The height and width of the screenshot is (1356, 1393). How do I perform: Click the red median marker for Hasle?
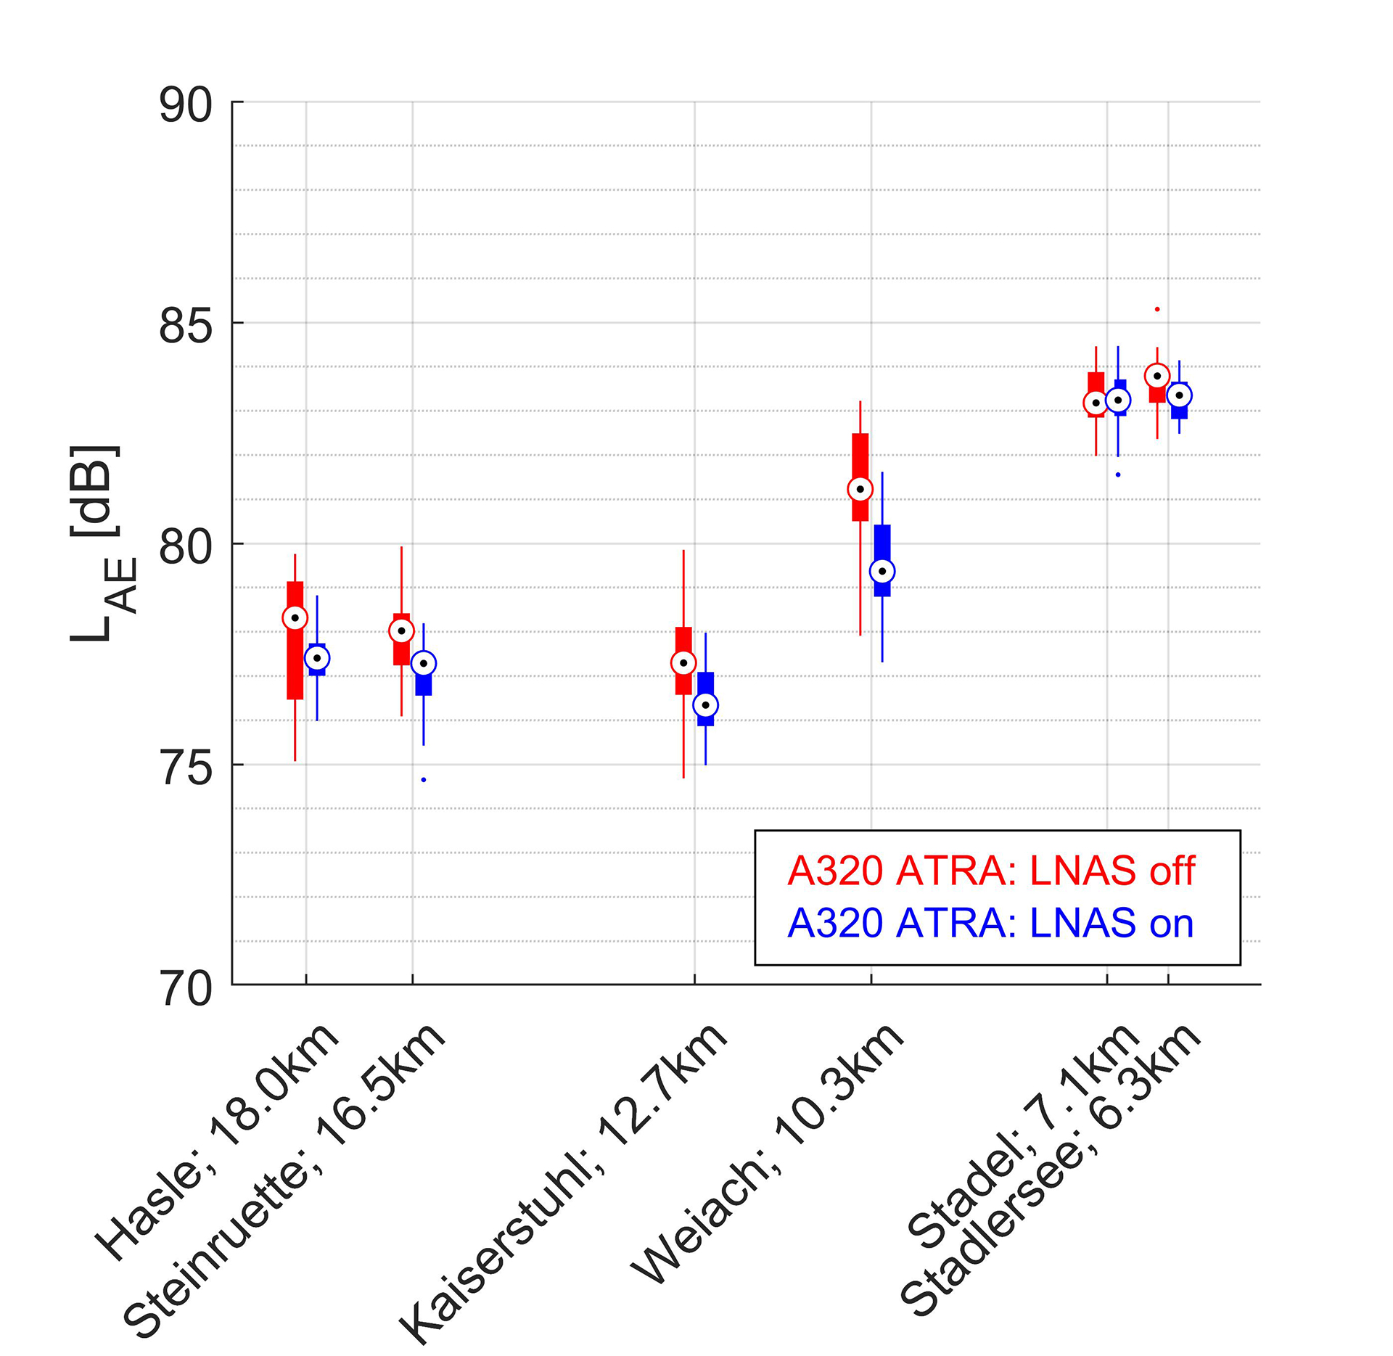pos(295,618)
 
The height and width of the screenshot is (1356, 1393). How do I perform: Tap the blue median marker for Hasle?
pos(317,658)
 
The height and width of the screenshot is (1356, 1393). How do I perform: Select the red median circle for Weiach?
pos(860,490)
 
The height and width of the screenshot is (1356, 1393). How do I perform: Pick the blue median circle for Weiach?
pos(882,572)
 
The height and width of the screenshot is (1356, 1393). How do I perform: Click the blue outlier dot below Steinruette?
pos(424,780)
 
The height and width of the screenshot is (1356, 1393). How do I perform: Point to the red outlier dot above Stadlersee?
pos(1157,309)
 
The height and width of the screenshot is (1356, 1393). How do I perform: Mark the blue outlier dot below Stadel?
pos(1118,474)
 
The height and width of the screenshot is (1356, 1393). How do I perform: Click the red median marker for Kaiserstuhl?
pos(683,663)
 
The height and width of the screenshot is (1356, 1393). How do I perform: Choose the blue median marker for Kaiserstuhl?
pos(705,705)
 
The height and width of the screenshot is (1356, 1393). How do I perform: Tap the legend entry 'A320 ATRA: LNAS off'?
pos(991,871)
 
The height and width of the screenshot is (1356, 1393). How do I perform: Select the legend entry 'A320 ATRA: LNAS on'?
pos(990,924)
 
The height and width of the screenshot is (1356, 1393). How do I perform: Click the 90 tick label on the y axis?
pos(186,106)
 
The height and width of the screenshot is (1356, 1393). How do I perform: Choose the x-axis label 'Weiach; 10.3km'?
pos(768,1154)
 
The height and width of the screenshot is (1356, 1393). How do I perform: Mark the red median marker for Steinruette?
pos(401,631)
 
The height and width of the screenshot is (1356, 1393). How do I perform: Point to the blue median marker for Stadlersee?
pos(1180,395)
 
